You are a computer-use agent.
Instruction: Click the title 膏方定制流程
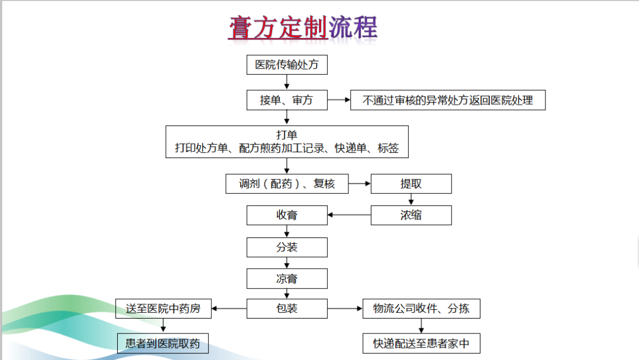click(x=303, y=28)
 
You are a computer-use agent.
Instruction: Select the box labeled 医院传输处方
click(x=287, y=65)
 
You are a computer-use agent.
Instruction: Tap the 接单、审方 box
click(x=287, y=100)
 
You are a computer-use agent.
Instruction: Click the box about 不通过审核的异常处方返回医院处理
click(x=448, y=100)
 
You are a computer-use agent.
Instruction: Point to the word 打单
click(x=287, y=135)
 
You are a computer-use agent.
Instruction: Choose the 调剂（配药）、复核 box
click(x=287, y=184)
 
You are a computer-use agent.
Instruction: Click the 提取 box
click(x=411, y=184)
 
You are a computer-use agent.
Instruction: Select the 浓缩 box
click(x=411, y=216)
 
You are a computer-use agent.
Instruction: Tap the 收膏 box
click(x=287, y=216)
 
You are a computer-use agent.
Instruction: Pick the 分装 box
click(x=287, y=247)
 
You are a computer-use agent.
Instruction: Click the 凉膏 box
click(x=287, y=278)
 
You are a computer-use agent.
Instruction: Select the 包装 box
click(x=287, y=308)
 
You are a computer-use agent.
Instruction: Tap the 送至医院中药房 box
click(x=163, y=308)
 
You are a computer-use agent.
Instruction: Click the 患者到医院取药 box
click(x=163, y=343)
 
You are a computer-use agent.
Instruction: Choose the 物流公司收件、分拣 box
click(x=421, y=308)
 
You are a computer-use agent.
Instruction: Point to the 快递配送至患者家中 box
click(x=421, y=343)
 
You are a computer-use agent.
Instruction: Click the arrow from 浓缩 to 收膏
click(x=349, y=215)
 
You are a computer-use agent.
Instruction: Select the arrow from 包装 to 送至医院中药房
click(x=229, y=308)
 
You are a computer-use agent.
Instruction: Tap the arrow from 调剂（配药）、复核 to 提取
click(x=360, y=184)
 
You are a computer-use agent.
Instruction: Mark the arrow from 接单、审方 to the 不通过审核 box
click(x=339, y=99)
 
